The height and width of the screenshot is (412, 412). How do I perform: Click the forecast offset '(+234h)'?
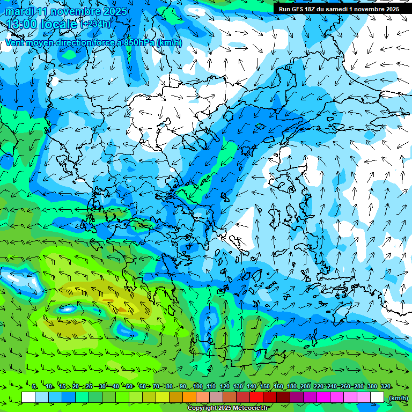click(95, 24)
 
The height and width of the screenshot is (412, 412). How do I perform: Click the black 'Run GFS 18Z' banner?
click(339, 9)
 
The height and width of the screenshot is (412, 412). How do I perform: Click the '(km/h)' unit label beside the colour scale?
click(398, 398)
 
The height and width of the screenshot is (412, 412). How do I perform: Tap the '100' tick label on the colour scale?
click(197, 386)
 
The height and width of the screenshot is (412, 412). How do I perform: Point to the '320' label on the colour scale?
click(385, 386)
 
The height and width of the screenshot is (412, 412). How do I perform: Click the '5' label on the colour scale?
click(34, 386)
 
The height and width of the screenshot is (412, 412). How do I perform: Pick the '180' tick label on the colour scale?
click(291, 386)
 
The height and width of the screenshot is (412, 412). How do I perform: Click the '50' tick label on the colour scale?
click(130, 386)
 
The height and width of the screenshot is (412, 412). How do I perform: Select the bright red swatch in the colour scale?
click(257, 398)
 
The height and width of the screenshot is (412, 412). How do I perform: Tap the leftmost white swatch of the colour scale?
click(28, 398)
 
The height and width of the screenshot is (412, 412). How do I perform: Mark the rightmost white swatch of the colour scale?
click(378, 398)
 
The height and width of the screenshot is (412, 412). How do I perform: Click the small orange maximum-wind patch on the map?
click(122, 309)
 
